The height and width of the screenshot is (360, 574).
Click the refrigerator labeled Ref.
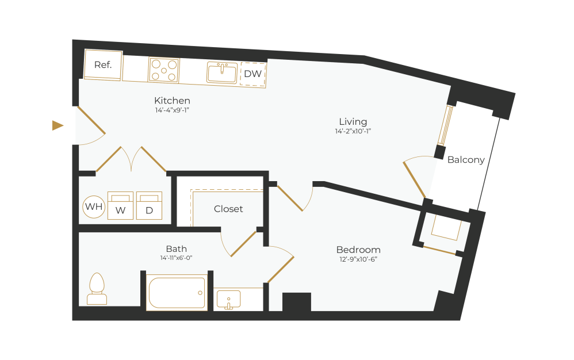click(103, 64)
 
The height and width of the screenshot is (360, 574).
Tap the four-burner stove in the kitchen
click(163, 70)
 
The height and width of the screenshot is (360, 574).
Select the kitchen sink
click(222, 73)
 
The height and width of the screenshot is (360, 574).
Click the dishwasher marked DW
click(253, 74)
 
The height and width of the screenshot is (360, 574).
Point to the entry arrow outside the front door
click(58, 125)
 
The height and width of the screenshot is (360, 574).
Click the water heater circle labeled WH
click(94, 206)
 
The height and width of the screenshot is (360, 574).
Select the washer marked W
click(120, 206)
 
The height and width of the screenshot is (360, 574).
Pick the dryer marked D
click(149, 206)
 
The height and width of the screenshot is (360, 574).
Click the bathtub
click(177, 293)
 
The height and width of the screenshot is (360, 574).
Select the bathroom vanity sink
click(228, 300)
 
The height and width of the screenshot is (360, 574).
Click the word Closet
click(228, 209)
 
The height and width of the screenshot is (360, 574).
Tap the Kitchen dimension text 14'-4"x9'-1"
click(172, 110)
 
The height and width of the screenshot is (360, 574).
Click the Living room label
click(353, 121)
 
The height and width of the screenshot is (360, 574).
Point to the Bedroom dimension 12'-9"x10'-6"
click(358, 259)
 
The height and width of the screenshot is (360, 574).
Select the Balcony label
click(466, 160)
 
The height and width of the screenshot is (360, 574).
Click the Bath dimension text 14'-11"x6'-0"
click(176, 258)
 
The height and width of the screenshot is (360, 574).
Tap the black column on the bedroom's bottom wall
click(297, 302)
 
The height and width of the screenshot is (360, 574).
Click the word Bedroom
click(358, 250)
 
